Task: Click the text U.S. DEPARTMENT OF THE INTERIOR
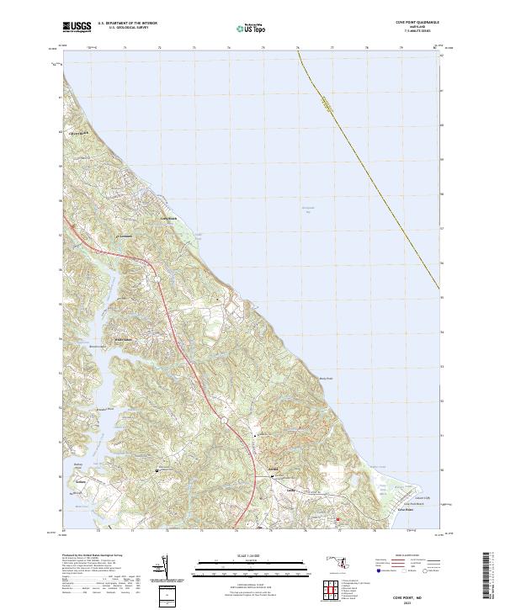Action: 126,24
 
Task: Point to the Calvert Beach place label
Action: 79,132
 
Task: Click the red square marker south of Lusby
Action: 338,519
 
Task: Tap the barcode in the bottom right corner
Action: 491,576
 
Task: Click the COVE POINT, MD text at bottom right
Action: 412,593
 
